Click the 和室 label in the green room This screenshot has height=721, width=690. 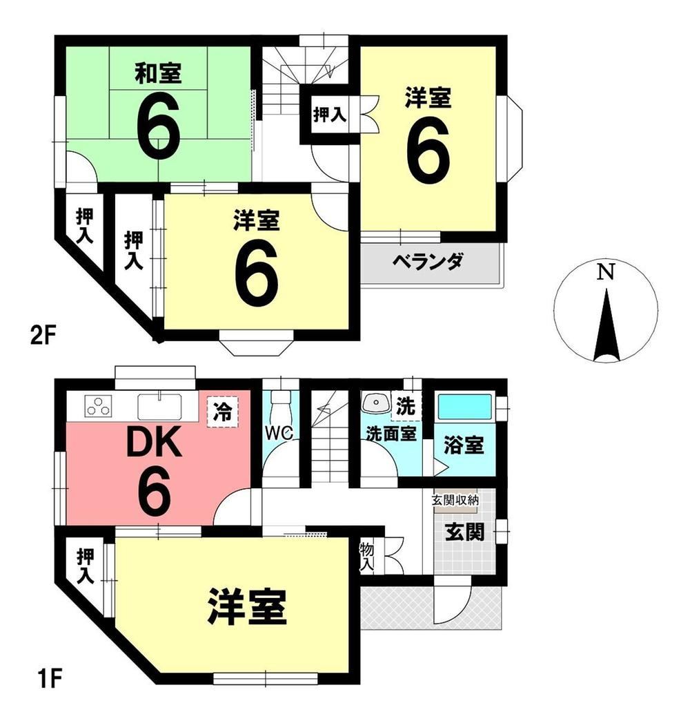pos(159,74)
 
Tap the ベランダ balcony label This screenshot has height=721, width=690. pos(427,262)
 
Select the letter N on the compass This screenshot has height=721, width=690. pos(605,273)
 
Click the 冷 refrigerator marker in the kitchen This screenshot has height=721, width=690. pos(223,412)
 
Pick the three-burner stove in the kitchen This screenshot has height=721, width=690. pos(99,407)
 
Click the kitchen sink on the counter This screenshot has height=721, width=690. pos(159,407)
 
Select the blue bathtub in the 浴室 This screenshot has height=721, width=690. pos(464,407)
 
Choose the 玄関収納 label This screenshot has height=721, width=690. pos(455,500)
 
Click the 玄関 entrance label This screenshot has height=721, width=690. pos(465,532)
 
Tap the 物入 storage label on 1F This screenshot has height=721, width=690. pos(366,557)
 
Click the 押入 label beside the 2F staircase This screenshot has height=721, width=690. pos(330,114)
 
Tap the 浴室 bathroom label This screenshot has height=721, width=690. pos(464,445)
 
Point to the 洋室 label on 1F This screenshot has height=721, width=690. pos(247,606)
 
